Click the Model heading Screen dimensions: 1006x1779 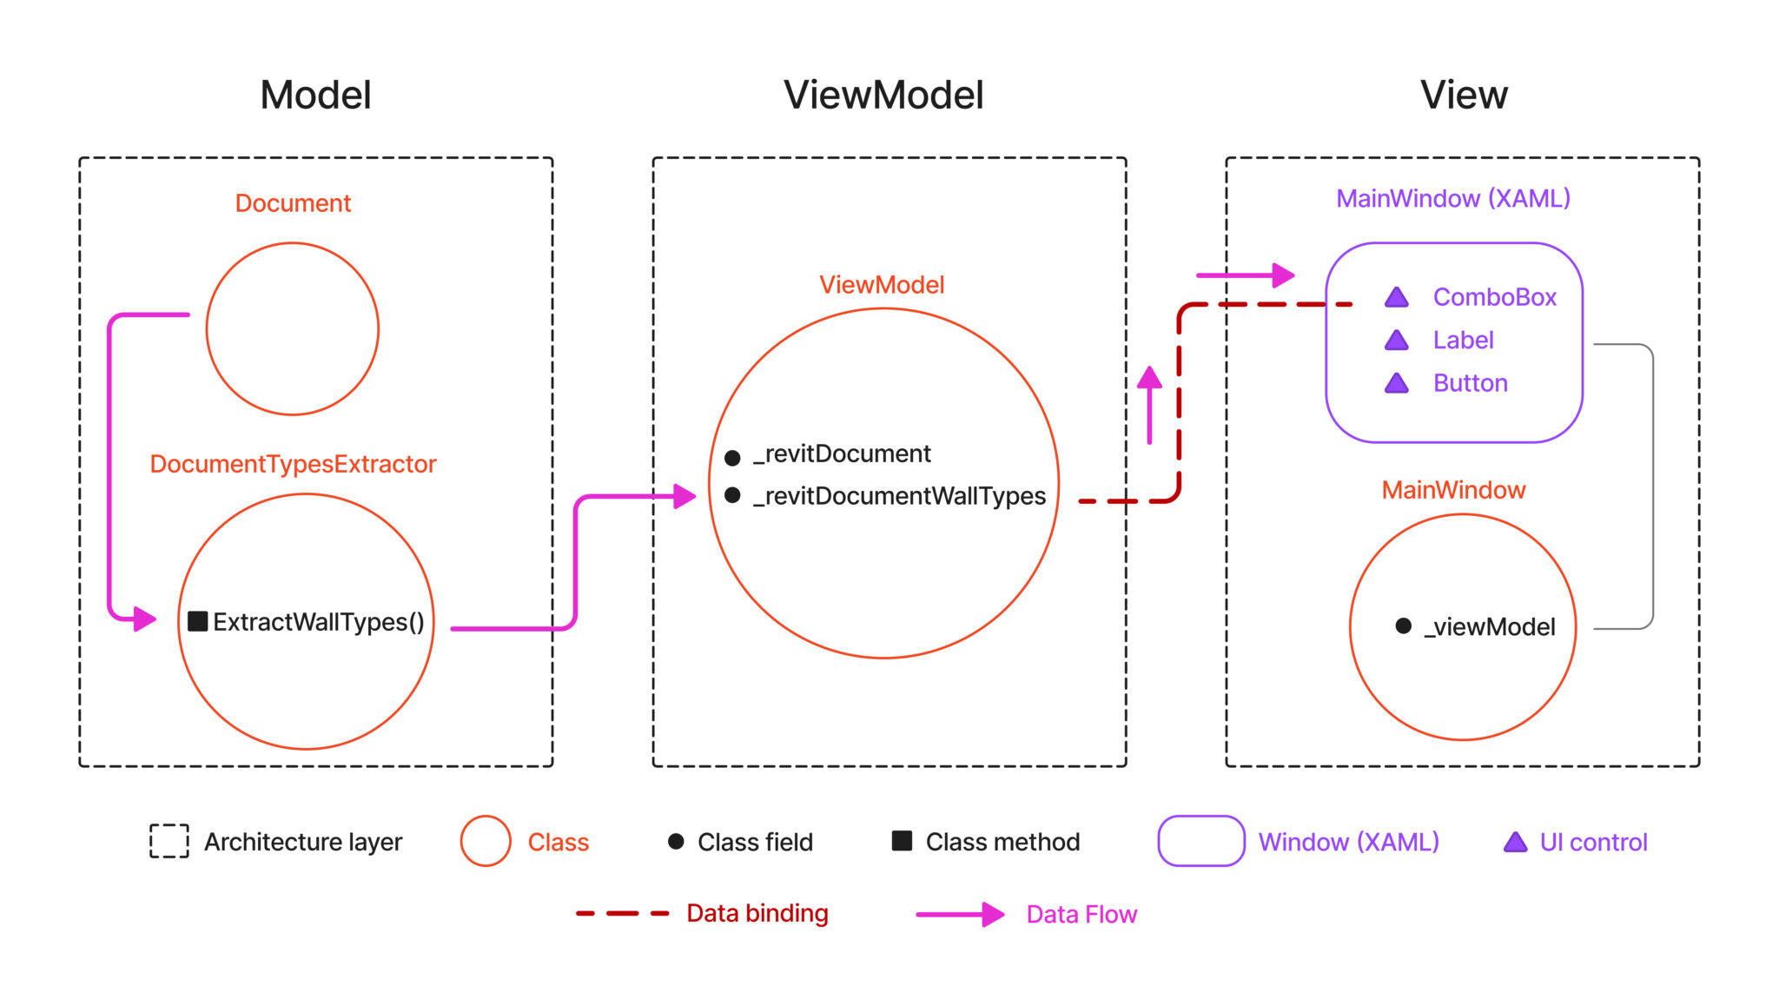point(315,95)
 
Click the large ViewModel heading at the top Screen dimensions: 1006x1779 point(883,95)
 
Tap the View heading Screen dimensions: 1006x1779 point(1464,95)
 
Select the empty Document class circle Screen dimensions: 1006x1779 point(293,328)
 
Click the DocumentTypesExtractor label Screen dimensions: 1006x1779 point(293,464)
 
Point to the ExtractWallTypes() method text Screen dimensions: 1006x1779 point(318,622)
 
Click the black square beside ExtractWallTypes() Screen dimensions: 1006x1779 point(198,621)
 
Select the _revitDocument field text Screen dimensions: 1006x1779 point(841,453)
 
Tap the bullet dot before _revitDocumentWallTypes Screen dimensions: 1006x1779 point(732,495)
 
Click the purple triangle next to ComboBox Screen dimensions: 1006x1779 point(1396,298)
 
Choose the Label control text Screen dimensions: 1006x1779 point(1463,341)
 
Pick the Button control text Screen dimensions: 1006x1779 point(1470,383)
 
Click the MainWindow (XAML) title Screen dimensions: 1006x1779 point(1452,199)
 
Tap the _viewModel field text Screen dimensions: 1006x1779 point(1489,627)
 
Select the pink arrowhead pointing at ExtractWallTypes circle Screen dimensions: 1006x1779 point(144,619)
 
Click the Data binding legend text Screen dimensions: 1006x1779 point(757,913)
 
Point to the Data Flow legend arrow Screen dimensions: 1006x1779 point(960,914)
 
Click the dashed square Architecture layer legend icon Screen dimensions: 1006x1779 point(169,841)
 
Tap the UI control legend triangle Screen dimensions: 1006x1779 point(1515,842)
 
